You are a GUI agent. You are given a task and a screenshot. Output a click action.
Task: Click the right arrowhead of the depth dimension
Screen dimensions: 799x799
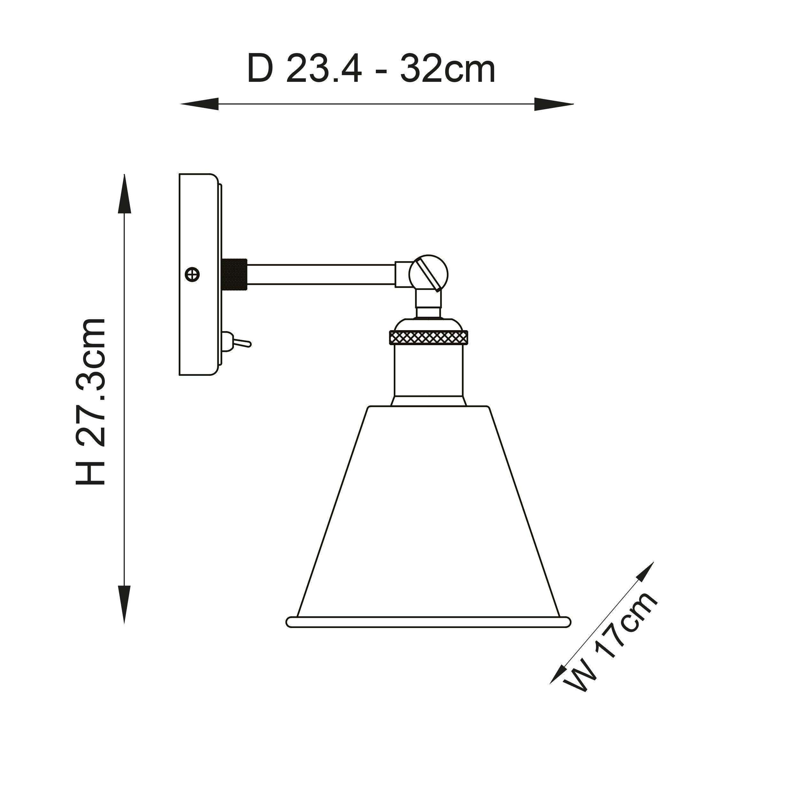[x=554, y=104]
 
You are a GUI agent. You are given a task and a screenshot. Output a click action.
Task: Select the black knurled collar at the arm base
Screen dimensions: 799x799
[x=234, y=274]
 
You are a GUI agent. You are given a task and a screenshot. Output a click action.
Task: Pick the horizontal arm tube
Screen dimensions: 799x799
[x=321, y=274]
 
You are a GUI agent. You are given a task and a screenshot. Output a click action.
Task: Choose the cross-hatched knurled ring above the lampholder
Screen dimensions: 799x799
[x=429, y=337]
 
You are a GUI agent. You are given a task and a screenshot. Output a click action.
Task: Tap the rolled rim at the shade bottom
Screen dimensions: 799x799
[x=429, y=622]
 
